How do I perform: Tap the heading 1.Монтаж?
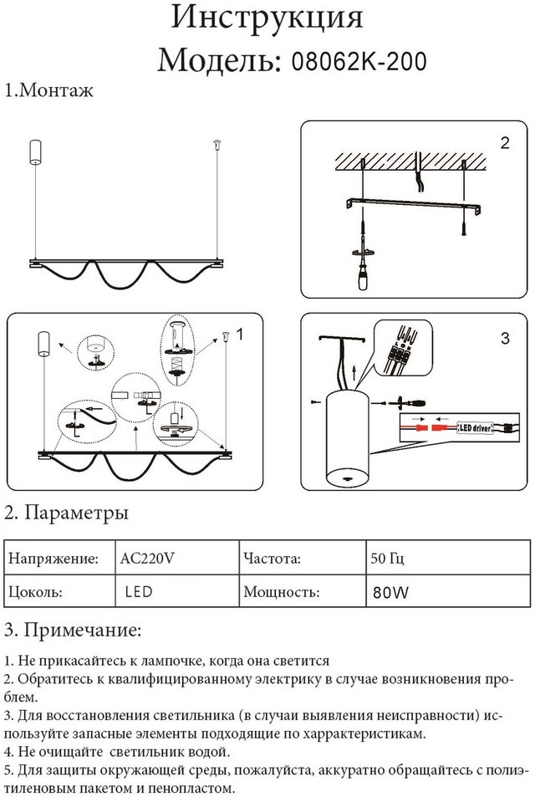48,90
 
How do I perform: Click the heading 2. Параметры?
67,511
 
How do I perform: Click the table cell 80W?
391,593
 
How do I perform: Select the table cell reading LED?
138,592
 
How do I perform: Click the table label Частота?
272,557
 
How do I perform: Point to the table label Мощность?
281,592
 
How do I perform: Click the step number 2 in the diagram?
504,143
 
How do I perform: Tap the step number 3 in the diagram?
504,339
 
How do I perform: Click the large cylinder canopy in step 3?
346,437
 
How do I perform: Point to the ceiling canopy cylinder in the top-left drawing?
36,151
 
